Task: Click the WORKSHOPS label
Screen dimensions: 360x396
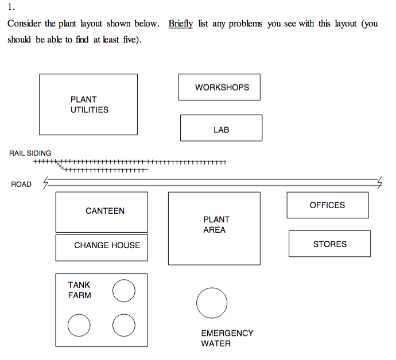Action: [222, 88]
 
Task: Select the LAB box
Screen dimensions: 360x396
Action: [221, 128]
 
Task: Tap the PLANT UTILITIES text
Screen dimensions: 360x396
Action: [89, 104]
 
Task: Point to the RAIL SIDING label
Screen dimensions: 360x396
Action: [30, 153]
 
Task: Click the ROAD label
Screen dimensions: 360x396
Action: [21, 184]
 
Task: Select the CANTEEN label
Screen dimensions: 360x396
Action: [105, 211]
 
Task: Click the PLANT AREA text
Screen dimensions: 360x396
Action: [215, 225]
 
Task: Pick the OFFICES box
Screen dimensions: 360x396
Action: [328, 205]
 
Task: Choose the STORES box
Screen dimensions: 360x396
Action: [329, 244]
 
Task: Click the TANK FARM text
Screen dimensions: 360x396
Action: [79, 290]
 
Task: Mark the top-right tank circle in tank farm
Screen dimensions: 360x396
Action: [124, 291]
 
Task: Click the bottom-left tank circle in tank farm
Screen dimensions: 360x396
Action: [79, 326]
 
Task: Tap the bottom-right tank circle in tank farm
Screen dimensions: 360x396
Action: [124, 326]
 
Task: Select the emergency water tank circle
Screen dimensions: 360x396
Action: [212, 303]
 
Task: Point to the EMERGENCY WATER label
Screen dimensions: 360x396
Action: [227, 338]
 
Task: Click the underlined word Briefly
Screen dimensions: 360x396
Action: [180, 24]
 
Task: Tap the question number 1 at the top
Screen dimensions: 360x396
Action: [11, 8]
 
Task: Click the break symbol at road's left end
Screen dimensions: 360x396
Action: [46, 183]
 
